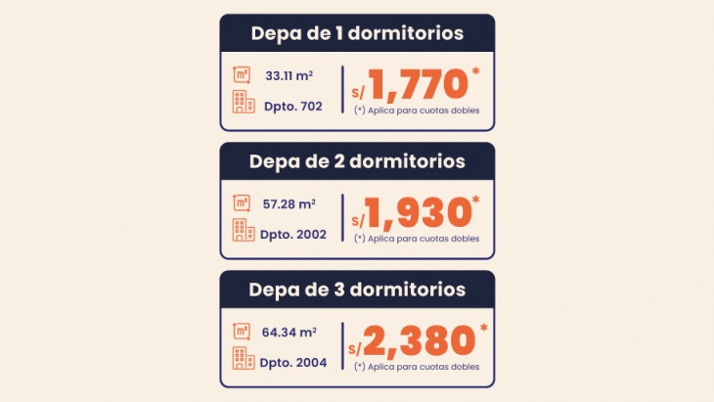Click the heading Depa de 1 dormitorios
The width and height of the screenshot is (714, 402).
tap(357, 33)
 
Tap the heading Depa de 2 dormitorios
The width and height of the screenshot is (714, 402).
tap(357, 160)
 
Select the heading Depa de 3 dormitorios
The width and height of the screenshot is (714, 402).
tap(357, 290)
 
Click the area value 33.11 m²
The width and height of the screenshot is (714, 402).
tap(289, 73)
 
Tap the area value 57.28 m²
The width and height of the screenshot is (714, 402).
tap(289, 202)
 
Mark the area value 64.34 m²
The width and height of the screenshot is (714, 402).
tap(289, 331)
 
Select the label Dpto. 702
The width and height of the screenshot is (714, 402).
tap(292, 105)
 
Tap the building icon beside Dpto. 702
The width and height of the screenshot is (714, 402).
tap(243, 102)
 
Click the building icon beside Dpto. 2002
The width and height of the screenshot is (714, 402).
tap(243, 230)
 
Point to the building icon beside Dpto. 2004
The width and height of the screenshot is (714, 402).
tap(243, 358)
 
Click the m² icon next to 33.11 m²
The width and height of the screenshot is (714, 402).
tap(241, 73)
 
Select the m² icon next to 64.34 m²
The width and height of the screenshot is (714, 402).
tap(241, 331)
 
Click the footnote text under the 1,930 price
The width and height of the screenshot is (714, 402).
tap(417, 239)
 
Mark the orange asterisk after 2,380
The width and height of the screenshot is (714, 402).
tap(482, 329)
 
